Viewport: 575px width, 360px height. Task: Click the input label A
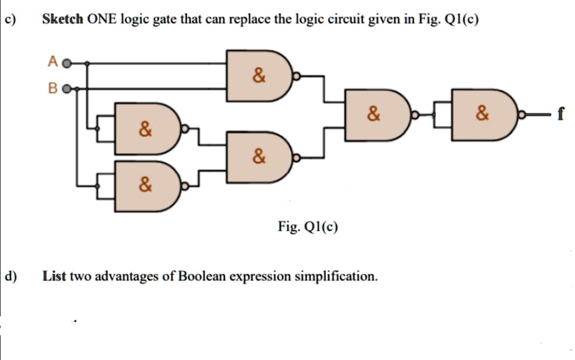tap(53, 61)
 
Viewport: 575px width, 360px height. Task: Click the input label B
tap(53, 88)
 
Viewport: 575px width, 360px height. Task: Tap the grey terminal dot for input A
tap(66, 64)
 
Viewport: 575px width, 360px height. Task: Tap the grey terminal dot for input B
tap(66, 89)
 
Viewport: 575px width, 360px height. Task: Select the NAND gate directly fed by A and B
tap(259, 76)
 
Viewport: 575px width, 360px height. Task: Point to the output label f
tap(559, 114)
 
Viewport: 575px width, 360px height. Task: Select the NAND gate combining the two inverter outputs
tap(259, 158)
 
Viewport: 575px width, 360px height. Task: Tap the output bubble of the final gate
tap(522, 115)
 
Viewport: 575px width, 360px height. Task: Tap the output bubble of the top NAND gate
tap(296, 76)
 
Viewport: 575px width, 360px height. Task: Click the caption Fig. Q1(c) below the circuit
tap(308, 227)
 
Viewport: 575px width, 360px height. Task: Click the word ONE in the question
tap(101, 18)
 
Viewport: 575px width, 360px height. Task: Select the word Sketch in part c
tap(63, 18)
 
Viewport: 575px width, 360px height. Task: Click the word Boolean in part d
tap(201, 276)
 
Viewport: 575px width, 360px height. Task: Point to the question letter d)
tap(10, 276)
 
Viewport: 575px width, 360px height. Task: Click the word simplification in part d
tap(336, 277)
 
